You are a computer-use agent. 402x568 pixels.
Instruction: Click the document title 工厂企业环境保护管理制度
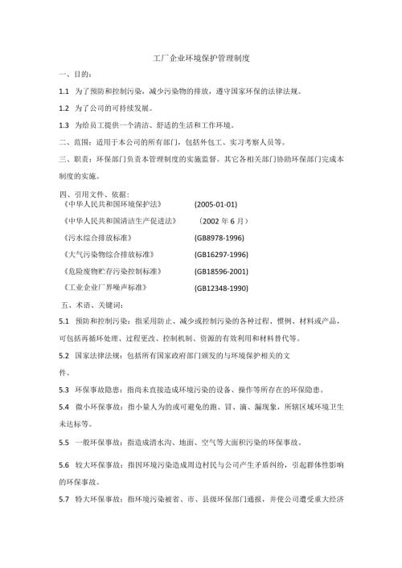(202, 59)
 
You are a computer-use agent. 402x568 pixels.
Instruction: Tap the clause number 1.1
(64, 92)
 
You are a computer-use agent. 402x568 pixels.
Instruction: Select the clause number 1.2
(64, 108)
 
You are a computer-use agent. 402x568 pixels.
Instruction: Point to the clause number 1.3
(64, 126)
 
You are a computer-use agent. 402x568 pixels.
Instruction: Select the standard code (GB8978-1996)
(219, 238)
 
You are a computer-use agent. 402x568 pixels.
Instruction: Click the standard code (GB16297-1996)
(221, 255)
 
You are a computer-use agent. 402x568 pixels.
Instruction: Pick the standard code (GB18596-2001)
(221, 272)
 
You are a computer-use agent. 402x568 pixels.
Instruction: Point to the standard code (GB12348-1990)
(221, 288)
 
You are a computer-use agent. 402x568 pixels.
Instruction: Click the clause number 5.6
(64, 466)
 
